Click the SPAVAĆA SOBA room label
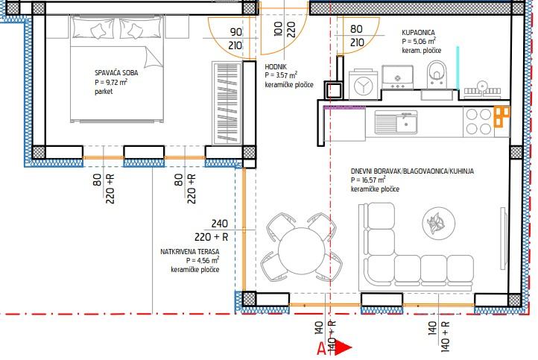click(x=116, y=73)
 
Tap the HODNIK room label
click(x=276, y=67)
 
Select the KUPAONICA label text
click(x=418, y=33)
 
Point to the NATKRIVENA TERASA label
click(x=190, y=252)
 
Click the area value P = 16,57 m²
click(x=368, y=180)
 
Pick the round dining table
click(x=302, y=250)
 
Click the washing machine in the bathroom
click(x=364, y=85)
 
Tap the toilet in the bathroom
click(x=437, y=74)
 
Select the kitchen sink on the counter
click(x=396, y=121)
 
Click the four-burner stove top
click(x=478, y=121)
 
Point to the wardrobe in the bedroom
click(x=227, y=103)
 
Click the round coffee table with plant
click(x=439, y=223)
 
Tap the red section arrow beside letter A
click(x=344, y=347)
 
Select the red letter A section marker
click(x=322, y=349)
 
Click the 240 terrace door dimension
click(x=220, y=224)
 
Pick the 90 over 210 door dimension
click(x=235, y=39)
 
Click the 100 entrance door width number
click(x=278, y=29)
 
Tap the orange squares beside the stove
click(x=501, y=116)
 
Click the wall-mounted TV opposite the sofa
click(x=503, y=238)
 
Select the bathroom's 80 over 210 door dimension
click(x=357, y=36)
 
